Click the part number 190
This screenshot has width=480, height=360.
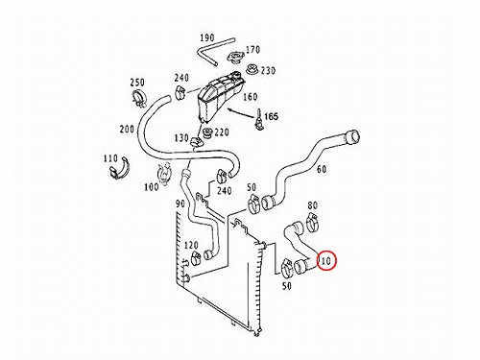coord(207,38)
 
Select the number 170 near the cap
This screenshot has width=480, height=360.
coord(252,50)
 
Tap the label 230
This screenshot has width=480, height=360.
coord(268,70)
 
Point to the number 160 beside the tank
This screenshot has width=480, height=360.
coord(251,97)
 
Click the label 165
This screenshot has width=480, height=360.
coord(271,116)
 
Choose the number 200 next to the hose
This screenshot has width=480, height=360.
coord(127,130)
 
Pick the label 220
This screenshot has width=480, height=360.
coord(222,132)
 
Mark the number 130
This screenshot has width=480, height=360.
coord(181,138)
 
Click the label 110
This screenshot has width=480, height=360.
coord(110,158)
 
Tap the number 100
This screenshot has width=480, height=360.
coord(152,187)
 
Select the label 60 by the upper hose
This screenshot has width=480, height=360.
coord(322,169)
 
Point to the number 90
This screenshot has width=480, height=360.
coord(180,204)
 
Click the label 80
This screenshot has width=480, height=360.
coord(312,205)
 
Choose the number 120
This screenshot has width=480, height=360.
coord(191,246)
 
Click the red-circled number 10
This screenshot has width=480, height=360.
coord(326,261)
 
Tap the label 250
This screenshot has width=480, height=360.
coord(137,83)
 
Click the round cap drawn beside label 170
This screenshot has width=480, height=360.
coord(235,58)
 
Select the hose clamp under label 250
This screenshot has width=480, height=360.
coord(139,98)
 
